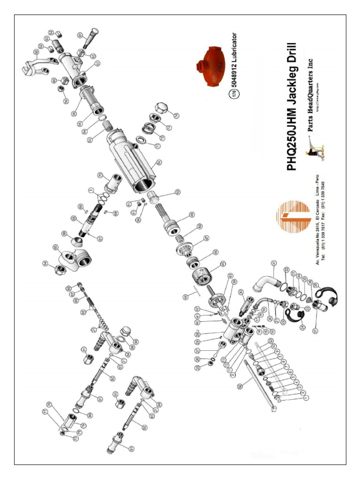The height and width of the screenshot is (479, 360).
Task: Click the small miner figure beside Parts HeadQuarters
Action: pos(315,150)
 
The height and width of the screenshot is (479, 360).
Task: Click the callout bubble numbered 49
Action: pos(192,215)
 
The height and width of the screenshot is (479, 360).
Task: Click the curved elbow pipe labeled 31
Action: pos(263,279)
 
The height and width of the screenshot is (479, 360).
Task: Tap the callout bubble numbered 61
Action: pos(80,35)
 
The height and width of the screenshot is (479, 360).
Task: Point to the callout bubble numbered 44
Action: pos(186,296)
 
